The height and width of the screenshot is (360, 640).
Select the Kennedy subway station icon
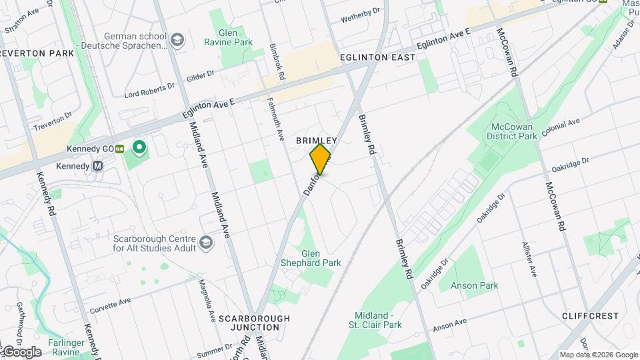click(x=98, y=166)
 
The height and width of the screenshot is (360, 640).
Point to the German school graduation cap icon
click(x=177, y=41)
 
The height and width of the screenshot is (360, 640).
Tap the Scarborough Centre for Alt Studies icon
click(x=207, y=243)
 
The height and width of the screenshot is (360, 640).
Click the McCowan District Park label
click(x=514, y=131)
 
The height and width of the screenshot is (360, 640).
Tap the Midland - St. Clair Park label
click(x=378, y=320)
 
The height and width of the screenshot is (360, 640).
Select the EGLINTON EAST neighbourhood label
click(x=377, y=57)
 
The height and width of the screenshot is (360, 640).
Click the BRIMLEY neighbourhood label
click(x=317, y=141)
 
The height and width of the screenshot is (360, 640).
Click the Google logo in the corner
click(x=21, y=351)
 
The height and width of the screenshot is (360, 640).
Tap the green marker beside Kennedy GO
click(x=139, y=147)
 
